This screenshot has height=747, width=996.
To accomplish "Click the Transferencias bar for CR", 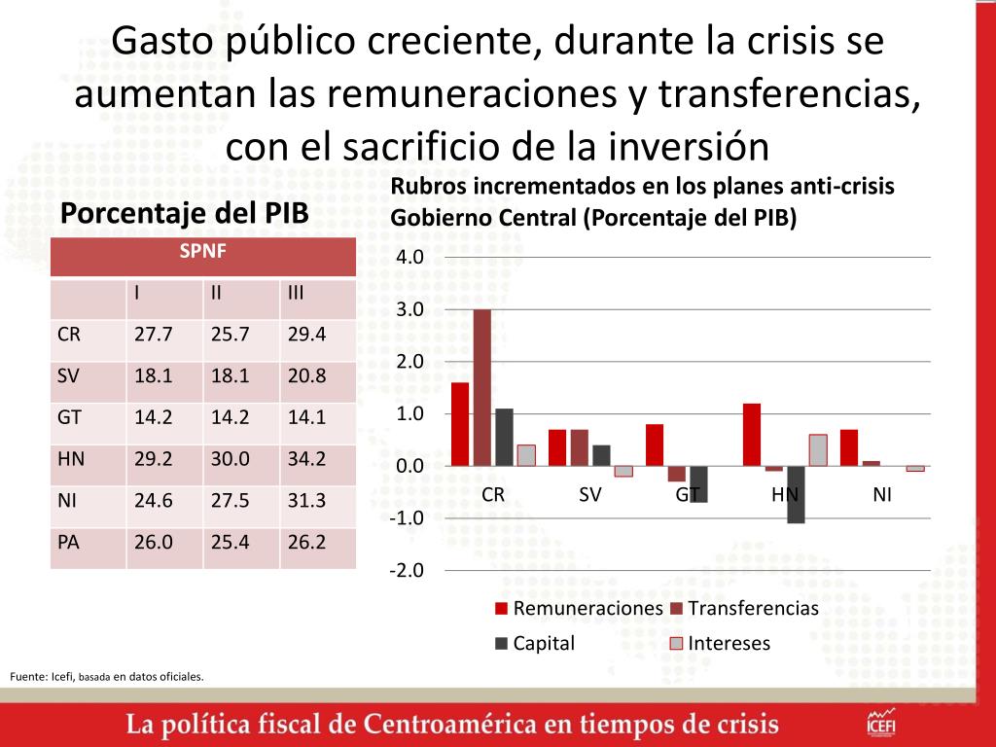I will click(x=482, y=387).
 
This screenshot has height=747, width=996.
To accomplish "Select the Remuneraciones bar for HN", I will click(x=751, y=435).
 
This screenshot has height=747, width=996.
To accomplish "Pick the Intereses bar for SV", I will click(x=623, y=471).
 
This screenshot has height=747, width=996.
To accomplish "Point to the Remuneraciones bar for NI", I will click(x=849, y=447).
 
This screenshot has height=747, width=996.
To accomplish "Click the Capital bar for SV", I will click(x=602, y=455).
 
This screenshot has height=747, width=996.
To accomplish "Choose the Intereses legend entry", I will click(x=721, y=643).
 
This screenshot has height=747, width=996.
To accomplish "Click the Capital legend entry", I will click(x=535, y=643).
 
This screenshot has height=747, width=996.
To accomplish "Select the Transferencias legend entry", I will click(x=743, y=609).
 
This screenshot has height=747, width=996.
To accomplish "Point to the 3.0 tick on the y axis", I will click(x=408, y=309).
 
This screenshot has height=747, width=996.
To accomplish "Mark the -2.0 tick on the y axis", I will click(x=406, y=570).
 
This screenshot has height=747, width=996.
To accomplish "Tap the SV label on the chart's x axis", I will click(x=590, y=494).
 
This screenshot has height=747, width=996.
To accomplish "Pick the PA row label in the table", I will click(x=69, y=542).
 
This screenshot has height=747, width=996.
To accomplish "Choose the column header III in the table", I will click(x=298, y=293).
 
